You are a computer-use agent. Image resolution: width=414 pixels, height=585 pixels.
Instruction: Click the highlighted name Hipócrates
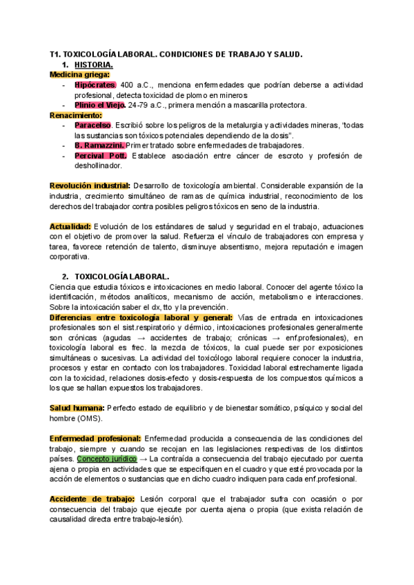tap(96, 85)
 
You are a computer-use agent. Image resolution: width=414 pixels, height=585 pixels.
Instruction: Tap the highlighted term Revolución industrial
tap(90, 186)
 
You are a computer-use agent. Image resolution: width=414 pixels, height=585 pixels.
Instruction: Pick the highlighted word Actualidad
tap(70, 227)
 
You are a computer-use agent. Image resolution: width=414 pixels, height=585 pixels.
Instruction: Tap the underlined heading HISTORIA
tap(97, 64)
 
